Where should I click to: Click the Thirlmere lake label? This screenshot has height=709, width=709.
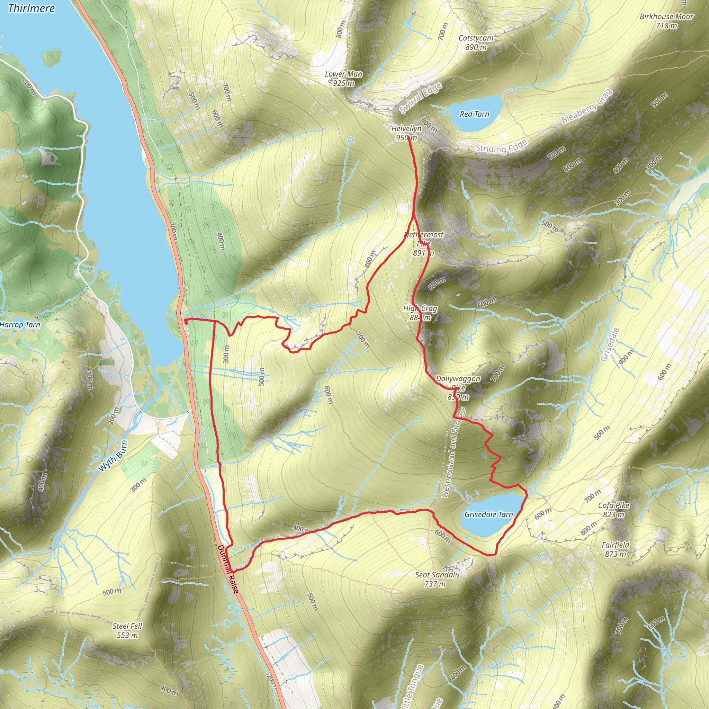[x=31, y=8]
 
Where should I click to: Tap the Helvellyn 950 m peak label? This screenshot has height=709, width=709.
[x=406, y=133]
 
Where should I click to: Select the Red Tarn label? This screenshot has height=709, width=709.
[x=474, y=114]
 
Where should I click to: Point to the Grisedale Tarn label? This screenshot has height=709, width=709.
[x=488, y=514]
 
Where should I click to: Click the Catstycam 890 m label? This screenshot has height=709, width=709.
[x=476, y=42]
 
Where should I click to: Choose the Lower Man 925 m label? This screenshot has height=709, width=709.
[x=343, y=79]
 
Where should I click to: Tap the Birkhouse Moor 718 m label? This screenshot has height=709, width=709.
[x=666, y=21]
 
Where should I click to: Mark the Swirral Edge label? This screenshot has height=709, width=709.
[x=421, y=98]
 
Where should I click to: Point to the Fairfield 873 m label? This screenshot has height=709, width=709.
[x=616, y=549]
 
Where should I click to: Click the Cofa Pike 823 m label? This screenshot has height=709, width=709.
[x=613, y=510]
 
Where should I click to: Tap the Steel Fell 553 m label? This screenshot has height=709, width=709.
[x=127, y=630]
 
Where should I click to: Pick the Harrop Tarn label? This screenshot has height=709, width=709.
[x=20, y=324]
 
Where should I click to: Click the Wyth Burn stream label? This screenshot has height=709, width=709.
[x=113, y=456]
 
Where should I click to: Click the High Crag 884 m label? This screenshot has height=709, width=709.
[x=420, y=313]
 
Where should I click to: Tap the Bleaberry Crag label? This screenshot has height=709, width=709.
[x=587, y=106]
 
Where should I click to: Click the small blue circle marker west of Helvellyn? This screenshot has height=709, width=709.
[x=351, y=140]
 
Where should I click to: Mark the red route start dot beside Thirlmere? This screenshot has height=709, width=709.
[x=186, y=322]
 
